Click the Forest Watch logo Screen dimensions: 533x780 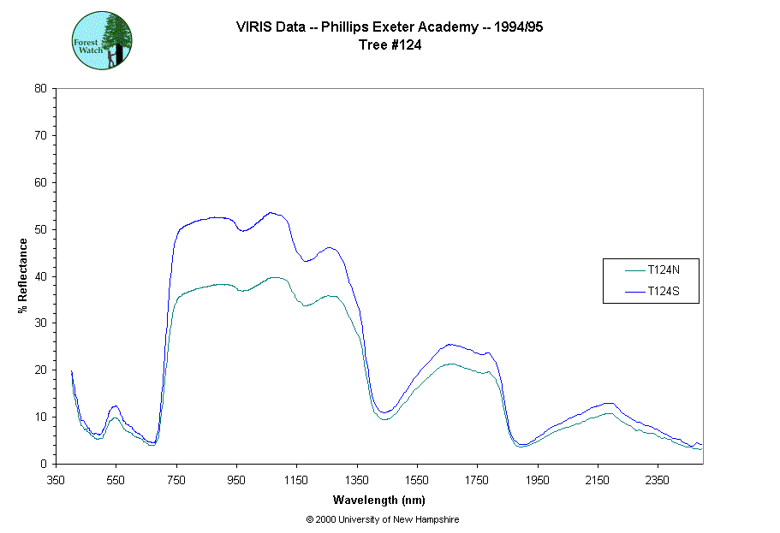click(101, 39)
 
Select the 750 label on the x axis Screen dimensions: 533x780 click(176, 479)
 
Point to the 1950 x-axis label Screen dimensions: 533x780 click(537, 479)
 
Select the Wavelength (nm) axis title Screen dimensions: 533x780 click(379, 500)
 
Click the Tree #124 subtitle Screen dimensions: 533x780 click(390, 45)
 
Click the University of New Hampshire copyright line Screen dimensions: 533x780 click(388, 519)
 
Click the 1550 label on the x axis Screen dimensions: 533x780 click(417, 479)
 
